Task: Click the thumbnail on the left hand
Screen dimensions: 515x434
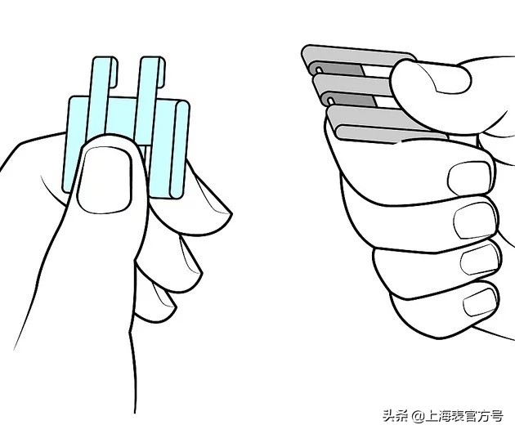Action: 105,180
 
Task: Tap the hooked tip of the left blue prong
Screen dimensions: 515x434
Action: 113,73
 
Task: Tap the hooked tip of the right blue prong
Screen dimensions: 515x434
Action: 160,72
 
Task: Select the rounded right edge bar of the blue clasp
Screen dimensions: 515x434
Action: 179,150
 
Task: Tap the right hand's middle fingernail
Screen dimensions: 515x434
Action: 475,220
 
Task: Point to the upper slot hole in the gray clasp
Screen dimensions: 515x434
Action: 320,69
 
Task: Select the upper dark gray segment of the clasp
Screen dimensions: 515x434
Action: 341,69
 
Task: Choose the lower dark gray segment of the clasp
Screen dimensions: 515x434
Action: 354,100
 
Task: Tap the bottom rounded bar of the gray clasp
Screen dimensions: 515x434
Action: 391,134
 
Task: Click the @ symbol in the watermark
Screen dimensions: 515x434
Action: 418,416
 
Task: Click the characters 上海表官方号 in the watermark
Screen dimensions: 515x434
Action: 464,416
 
